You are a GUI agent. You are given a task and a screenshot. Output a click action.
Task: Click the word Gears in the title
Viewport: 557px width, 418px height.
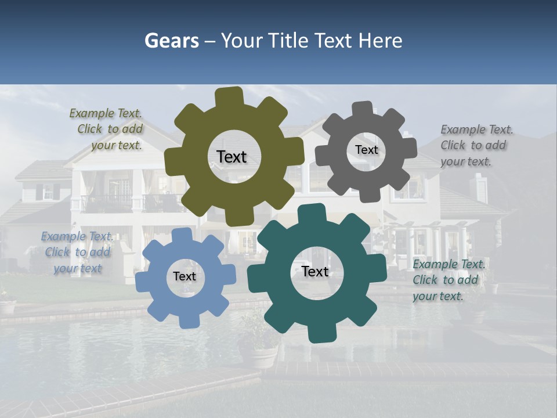coord(171,41)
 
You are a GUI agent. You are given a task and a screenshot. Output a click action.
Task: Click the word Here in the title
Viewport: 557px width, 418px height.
coord(380,41)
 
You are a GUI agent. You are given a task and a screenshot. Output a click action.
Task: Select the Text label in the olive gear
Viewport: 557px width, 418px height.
coord(232,157)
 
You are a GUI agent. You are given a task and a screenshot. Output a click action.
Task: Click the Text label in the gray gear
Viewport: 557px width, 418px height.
coord(366,150)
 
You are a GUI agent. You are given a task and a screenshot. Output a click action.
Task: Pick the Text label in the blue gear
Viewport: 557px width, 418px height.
coord(185,276)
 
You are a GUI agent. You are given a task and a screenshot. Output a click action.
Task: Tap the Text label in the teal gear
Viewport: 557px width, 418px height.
coord(315,271)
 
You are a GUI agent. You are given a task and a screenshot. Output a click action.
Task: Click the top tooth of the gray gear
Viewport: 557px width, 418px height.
coord(363,109)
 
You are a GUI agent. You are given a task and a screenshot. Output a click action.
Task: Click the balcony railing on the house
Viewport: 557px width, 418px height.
coord(107,203)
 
